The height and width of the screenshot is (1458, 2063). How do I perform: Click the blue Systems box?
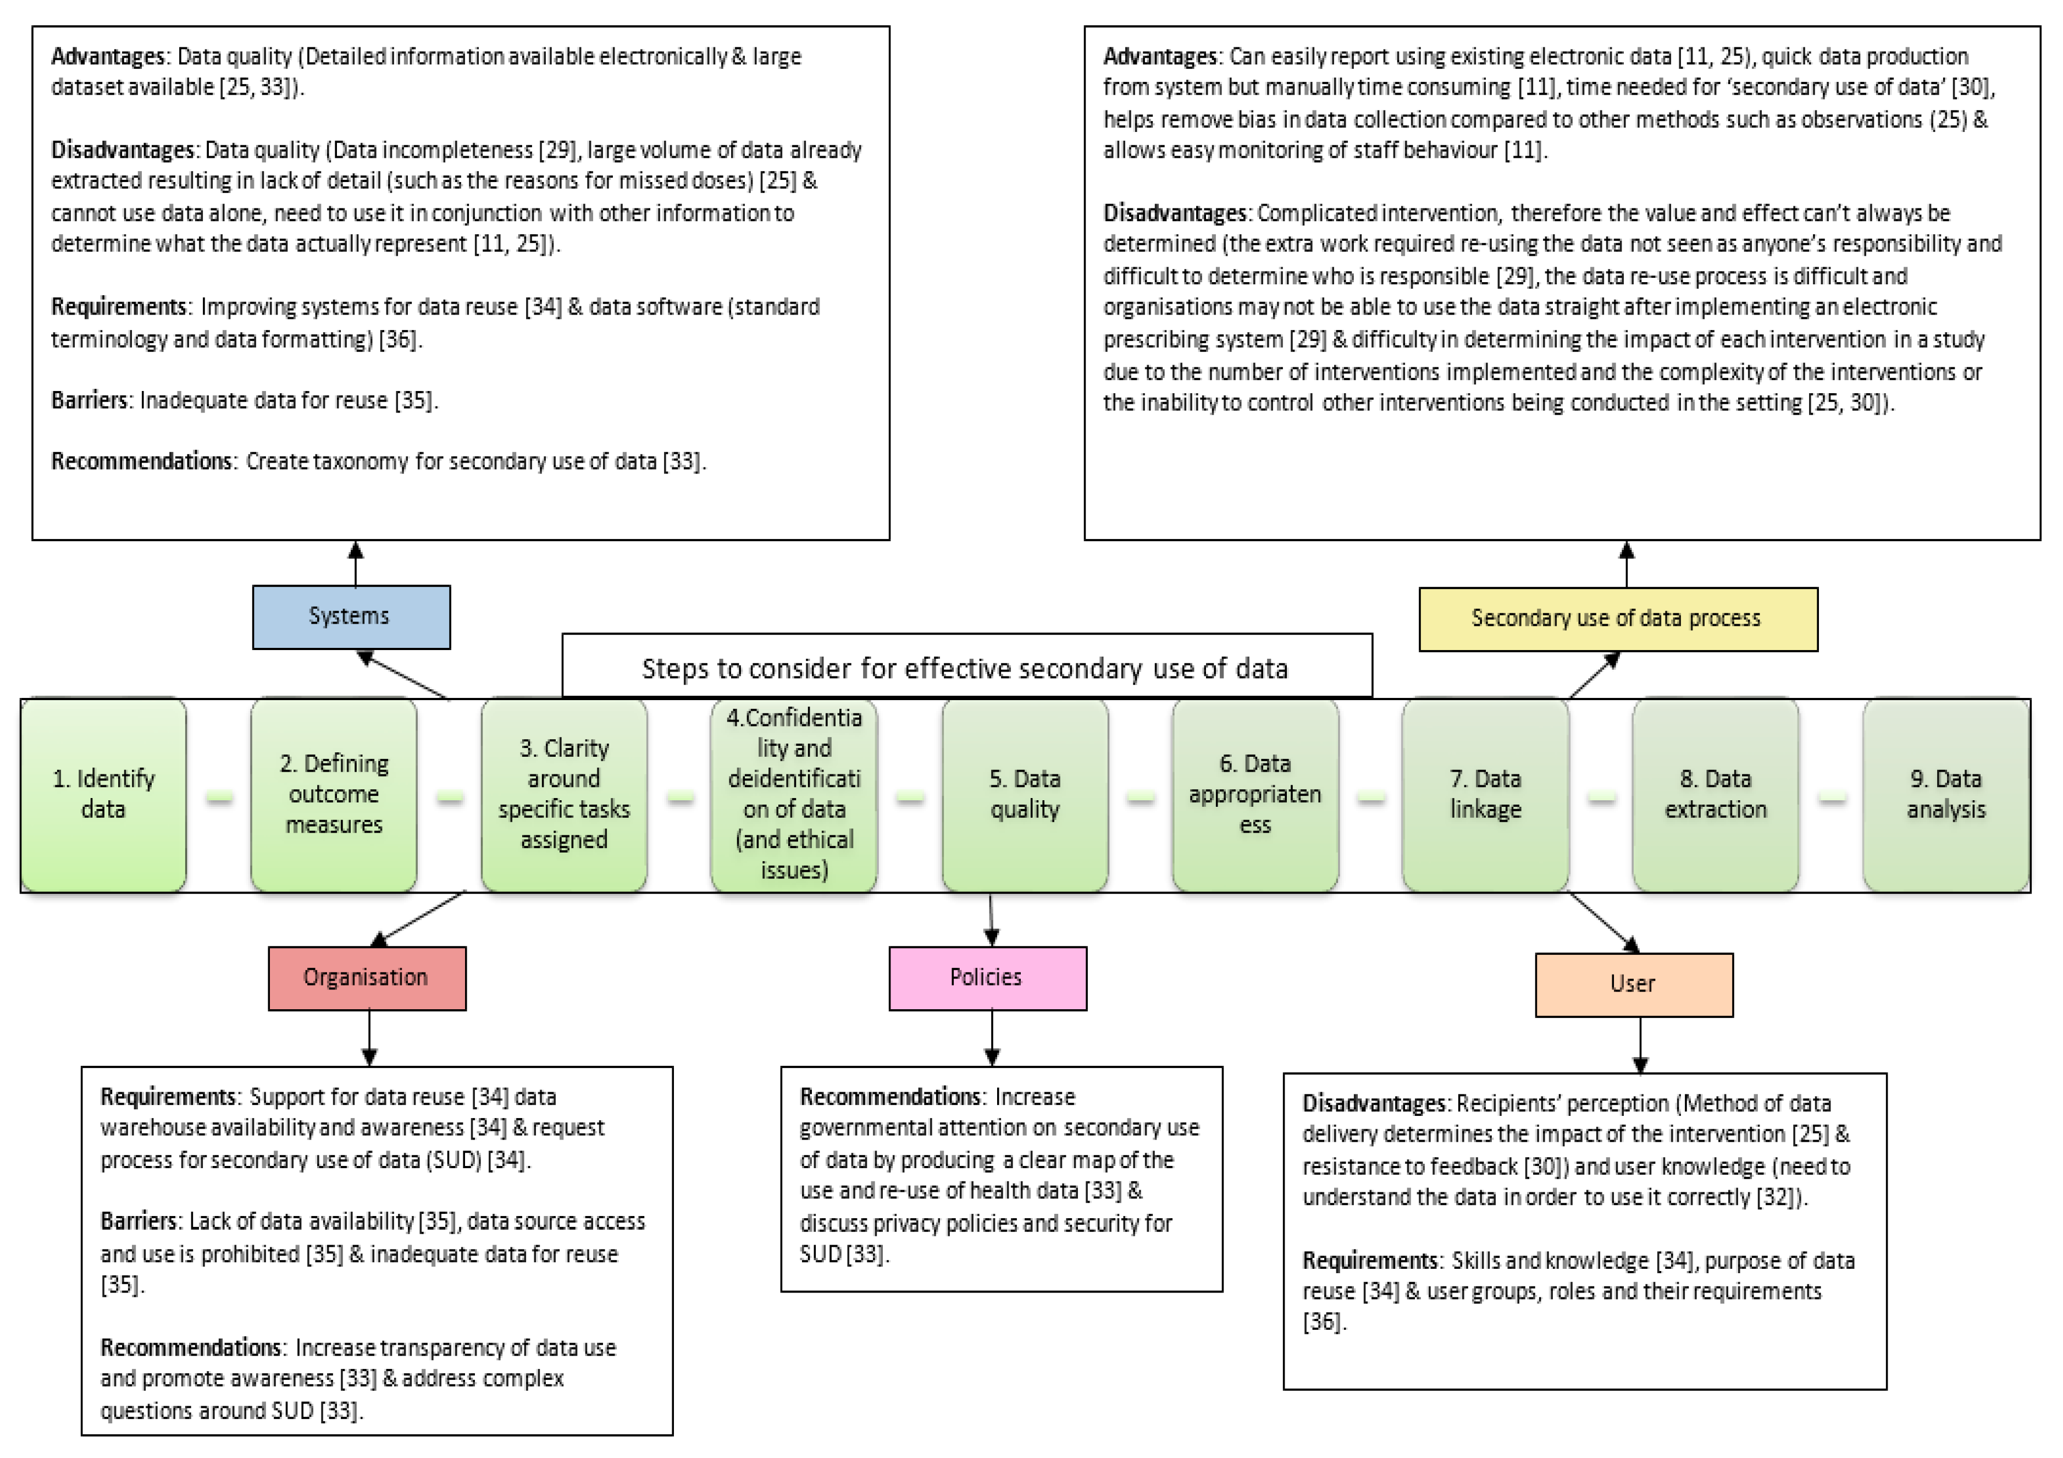[x=351, y=617]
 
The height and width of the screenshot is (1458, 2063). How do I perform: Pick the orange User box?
[x=1634, y=984]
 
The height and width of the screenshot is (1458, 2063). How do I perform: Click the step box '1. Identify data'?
[x=103, y=795]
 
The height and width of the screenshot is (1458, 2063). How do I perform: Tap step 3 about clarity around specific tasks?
[x=565, y=795]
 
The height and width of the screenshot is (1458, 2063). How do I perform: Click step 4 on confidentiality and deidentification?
[x=794, y=795]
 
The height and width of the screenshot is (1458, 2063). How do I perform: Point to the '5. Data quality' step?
[x=1025, y=795]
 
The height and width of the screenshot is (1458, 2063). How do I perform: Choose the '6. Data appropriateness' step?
[x=1256, y=795]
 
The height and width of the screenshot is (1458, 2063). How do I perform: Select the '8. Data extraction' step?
[x=1716, y=795]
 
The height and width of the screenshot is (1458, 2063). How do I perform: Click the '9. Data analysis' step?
[x=1946, y=795]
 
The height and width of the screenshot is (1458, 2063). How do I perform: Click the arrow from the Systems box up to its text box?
[x=356, y=564]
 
